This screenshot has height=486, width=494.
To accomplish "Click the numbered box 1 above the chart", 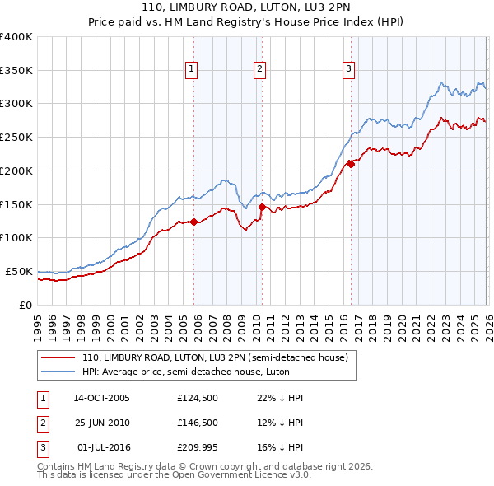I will (x=190, y=70).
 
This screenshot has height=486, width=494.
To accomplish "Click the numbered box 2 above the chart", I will (x=259, y=70).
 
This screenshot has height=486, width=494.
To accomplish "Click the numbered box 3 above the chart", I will (x=348, y=70).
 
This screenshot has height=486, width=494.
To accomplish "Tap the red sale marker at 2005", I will (x=194, y=222).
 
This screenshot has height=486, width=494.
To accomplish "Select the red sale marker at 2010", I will (x=262, y=207).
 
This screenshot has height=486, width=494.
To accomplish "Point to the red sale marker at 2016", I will (x=351, y=164).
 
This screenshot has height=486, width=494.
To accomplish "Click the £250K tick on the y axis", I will (x=16, y=137).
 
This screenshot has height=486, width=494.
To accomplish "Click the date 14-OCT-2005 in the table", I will (x=101, y=398).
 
